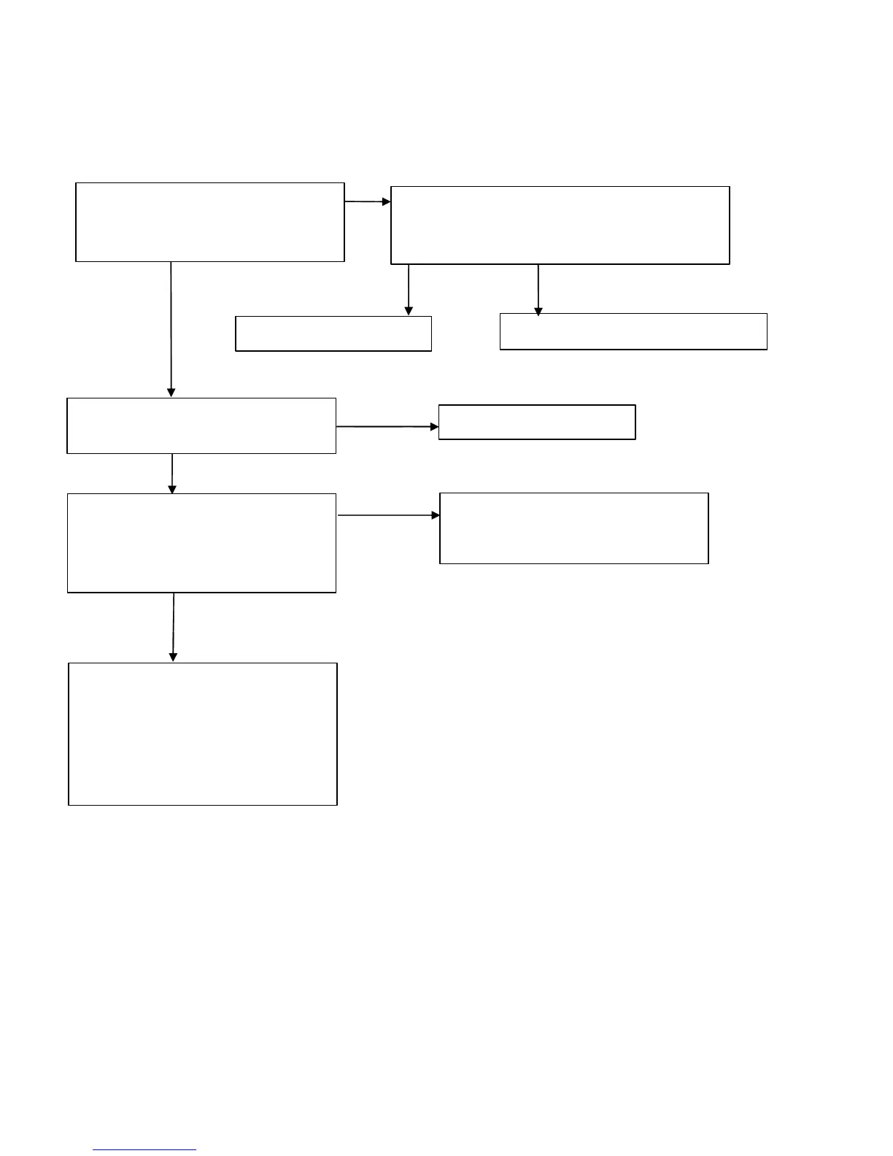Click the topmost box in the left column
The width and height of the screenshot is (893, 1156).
(210, 222)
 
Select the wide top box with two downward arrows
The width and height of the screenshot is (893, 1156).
(560, 225)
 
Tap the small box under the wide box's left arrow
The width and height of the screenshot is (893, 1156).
(333, 334)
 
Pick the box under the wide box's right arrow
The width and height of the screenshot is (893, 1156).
(633, 331)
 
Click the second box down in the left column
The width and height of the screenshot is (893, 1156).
(201, 425)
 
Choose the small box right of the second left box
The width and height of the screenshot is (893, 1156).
(537, 422)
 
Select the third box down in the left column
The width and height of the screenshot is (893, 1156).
(201, 542)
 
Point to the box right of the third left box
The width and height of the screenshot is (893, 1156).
(574, 528)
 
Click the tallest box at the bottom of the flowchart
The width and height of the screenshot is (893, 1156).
(203, 733)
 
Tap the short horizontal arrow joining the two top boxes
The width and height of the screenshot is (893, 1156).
(368, 201)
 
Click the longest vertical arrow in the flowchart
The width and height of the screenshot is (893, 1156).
(171, 328)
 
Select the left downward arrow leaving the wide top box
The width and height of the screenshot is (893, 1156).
(409, 289)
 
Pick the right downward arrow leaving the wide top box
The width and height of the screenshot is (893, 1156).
(538, 289)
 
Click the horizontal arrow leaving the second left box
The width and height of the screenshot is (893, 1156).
(387, 426)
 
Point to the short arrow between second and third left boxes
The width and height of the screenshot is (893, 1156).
(172, 473)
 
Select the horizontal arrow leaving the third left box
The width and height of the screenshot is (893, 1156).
(388, 515)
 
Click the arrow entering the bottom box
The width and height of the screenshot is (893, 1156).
(174, 626)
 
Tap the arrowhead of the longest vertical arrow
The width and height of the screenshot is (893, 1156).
(171, 393)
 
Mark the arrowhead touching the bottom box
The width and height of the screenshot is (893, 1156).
(173, 657)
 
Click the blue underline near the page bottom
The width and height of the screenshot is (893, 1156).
(144, 1150)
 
